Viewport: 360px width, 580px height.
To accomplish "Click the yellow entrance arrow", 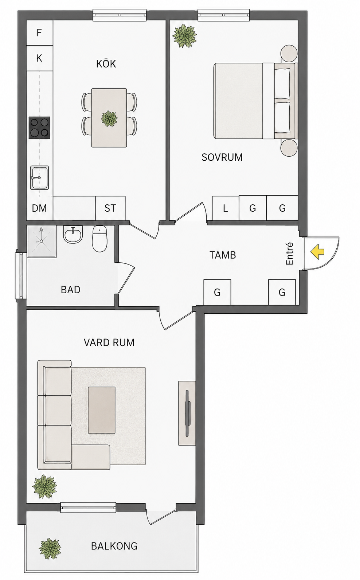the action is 317,252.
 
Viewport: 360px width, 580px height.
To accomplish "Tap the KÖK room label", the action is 106,64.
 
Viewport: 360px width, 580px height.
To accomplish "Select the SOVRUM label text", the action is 222,157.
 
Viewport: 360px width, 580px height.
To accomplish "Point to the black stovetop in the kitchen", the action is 39,128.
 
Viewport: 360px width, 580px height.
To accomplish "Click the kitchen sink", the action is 39,178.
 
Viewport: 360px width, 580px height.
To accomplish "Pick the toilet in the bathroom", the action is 100,239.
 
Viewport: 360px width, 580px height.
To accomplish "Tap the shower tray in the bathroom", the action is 42,242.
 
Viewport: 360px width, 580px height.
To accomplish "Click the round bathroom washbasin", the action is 73,234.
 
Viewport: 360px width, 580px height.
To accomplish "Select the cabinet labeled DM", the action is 40,208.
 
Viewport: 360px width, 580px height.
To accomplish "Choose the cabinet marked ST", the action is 110,208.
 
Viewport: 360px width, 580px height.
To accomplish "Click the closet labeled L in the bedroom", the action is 225,208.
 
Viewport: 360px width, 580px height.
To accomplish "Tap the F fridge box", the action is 40,33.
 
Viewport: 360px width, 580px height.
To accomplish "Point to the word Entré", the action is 289,254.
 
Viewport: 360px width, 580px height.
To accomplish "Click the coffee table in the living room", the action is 102,410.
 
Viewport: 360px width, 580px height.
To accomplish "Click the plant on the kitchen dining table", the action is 109,119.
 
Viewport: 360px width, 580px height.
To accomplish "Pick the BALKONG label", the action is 114,546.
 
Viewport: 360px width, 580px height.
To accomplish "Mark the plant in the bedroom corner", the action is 185,36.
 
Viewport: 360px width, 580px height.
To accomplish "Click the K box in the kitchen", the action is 40,58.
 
